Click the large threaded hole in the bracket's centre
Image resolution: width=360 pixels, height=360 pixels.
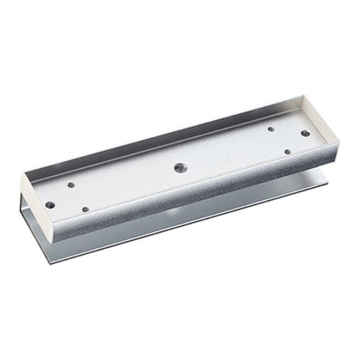[x=180, y=167]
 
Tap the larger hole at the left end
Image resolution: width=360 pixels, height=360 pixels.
[x=50, y=205]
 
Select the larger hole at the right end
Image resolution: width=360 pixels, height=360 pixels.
[x=305, y=133]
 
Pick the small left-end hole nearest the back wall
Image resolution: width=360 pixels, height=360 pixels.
[x=71, y=184]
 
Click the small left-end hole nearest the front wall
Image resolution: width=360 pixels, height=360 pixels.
[x=85, y=209]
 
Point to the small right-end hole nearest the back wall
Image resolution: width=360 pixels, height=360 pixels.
[x=271, y=129]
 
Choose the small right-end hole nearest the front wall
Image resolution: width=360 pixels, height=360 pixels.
[x=288, y=152]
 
